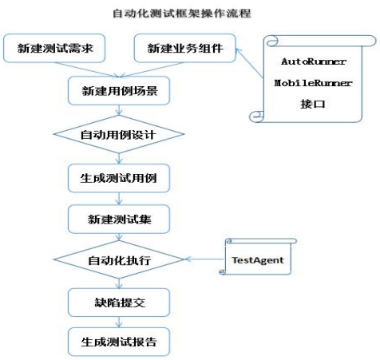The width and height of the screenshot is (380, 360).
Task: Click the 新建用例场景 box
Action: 118,91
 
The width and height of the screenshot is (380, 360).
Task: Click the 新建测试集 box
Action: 118,218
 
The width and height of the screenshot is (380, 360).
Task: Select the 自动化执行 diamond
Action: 118,260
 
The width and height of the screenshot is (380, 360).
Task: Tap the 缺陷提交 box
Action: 118,303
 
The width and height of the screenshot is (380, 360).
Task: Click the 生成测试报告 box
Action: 118,342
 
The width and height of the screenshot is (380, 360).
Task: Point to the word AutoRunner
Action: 312,61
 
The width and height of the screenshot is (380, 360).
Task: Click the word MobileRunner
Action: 312,82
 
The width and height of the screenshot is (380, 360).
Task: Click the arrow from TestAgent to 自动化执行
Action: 204,260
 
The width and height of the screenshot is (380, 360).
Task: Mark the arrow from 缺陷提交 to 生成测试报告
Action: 118,322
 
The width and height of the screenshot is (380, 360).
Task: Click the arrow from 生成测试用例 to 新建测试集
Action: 118,197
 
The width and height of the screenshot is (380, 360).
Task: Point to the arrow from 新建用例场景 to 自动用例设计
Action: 118,111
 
